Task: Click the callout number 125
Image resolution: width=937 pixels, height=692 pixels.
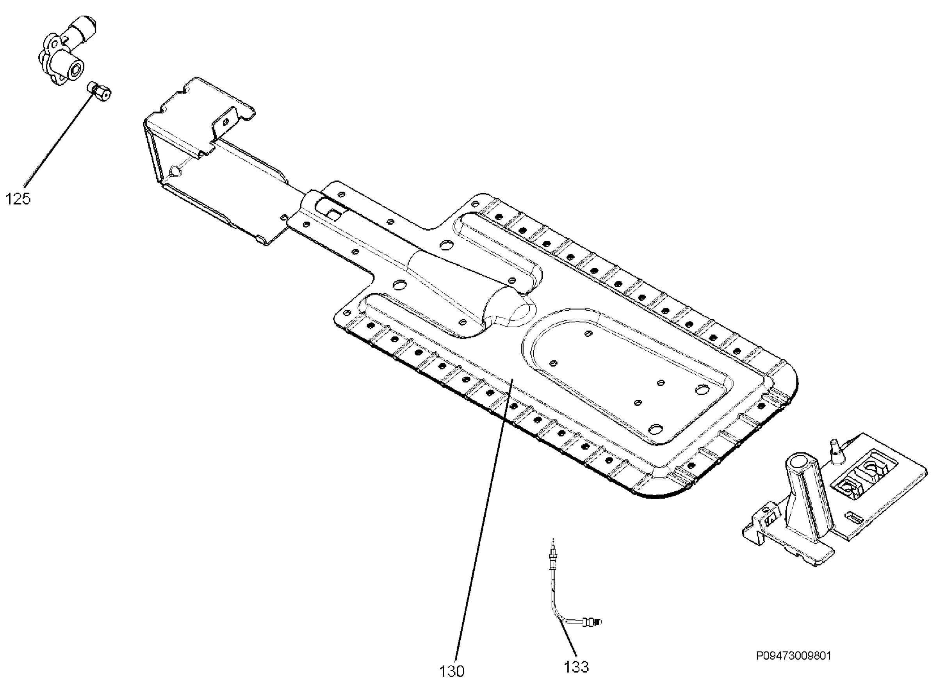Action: pos(18,199)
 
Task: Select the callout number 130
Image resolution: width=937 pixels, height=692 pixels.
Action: pos(452,671)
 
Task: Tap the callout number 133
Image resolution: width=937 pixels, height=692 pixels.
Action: pos(576,667)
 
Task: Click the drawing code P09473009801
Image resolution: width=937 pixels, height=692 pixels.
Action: pos(794,656)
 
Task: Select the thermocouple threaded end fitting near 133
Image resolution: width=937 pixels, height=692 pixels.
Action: pos(590,622)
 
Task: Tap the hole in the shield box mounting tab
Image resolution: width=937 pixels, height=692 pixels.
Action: pos(225,122)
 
